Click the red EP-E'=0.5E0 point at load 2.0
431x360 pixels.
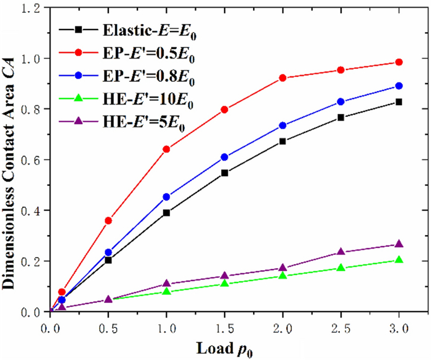pyautogui.click(x=283, y=78)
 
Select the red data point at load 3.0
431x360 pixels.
pyautogui.click(x=399, y=62)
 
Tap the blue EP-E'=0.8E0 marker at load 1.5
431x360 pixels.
pyautogui.click(x=225, y=157)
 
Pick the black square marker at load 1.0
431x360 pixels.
pyautogui.click(x=166, y=213)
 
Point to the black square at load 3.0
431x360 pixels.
pyautogui.click(x=399, y=102)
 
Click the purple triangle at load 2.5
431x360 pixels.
pyautogui.click(x=341, y=252)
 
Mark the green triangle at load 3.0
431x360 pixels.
pyautogui.click(x=399, y=260)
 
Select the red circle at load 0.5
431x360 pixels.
pyautogui.click(x=108, y=220)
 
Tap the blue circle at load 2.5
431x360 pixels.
pyautogui.click(x=341, y=102)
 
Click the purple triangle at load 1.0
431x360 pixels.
pyautogui.click(x=166, y=284)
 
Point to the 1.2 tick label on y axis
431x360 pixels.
pyautogui.click(x=34, y=8)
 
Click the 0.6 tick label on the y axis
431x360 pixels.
pyautogui.click(x=34, y=160)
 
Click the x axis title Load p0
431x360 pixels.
pyautogui.click(x=224, y=348)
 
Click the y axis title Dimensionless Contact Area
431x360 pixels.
pyautogui.click(x=12, y=160)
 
